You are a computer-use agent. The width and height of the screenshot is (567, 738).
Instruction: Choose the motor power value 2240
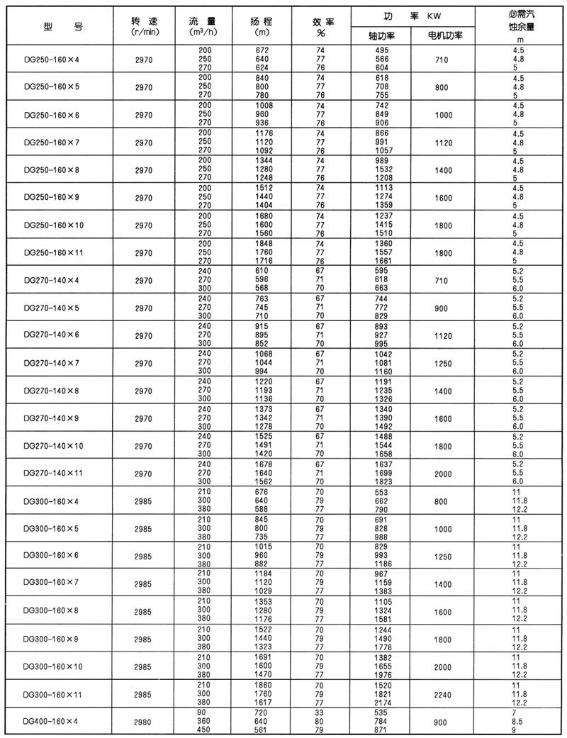coord(444,695)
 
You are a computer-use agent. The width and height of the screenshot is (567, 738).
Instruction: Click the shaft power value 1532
coord(383,170)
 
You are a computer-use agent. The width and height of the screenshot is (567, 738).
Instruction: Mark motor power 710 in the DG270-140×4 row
coord(444,280)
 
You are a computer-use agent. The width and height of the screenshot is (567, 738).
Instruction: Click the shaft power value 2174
coord(383,703)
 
